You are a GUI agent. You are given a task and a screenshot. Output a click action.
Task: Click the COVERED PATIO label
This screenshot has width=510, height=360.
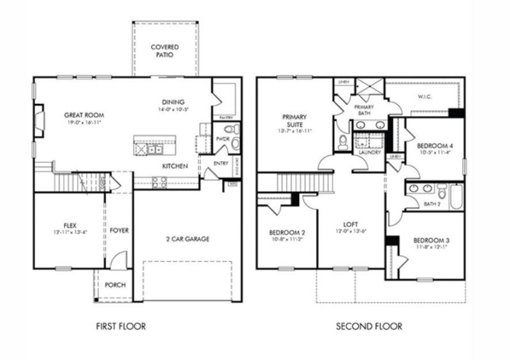(x=164, y=51)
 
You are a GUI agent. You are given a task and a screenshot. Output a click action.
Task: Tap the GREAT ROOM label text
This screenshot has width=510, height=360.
(x=84, y=115)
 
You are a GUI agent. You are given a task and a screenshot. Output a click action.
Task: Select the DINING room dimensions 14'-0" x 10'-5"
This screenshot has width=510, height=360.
(x=173, y=110)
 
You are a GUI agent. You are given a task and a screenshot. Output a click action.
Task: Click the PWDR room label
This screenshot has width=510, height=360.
(x=222, y=138)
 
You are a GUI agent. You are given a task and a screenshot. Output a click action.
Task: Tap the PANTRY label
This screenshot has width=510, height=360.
(x=226, y=118)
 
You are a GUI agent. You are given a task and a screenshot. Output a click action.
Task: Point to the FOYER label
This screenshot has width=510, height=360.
(x=119, y=229)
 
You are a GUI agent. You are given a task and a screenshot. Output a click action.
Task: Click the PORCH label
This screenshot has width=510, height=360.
(x=115, y=285)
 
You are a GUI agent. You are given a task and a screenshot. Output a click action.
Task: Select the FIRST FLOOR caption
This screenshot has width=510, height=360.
(x=120, y=326)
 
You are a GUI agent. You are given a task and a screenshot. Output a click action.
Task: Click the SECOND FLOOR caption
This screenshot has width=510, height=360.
(x=369, y=326)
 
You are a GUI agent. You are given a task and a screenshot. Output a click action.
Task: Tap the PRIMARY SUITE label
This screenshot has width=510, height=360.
(x=295, y=120)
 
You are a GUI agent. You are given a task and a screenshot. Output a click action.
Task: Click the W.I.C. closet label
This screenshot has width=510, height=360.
(x=425, y=97)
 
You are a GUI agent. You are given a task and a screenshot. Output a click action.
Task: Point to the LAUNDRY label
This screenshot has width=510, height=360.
(x=370, y=153)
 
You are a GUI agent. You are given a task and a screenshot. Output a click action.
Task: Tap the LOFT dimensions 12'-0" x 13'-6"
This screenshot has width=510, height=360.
(x=351, y=231)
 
